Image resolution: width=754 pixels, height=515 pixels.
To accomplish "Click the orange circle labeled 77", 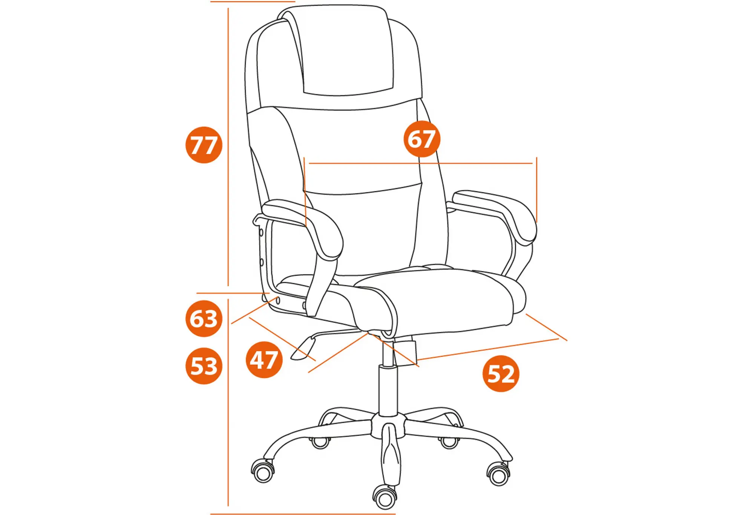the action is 204,145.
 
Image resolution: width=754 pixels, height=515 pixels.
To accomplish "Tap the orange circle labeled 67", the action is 422,139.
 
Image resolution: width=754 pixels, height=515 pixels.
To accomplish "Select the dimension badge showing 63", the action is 204,318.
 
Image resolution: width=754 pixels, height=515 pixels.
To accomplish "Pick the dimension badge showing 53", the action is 204,366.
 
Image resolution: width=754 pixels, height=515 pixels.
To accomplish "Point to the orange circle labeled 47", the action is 264,360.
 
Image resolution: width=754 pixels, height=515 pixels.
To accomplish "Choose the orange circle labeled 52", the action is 501,373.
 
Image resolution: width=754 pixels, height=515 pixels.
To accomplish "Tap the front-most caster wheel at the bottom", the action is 385,497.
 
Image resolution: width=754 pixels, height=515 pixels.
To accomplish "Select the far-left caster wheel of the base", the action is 263,471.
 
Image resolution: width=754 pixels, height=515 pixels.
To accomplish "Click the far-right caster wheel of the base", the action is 499,474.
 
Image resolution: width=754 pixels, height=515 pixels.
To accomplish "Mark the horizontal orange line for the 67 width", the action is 420,164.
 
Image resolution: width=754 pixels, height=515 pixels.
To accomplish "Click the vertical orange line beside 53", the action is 228,402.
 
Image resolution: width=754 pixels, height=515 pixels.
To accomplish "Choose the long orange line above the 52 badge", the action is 488,349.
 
